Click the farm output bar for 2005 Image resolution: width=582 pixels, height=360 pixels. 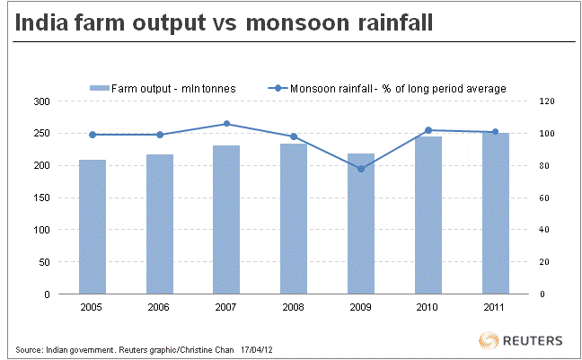[x=93, y=227]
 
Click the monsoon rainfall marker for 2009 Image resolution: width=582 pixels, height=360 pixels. [x=361, y=169]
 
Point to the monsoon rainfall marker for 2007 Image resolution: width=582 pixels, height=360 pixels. [x=226, y=124]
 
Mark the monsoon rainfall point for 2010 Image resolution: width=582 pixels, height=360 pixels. [x=428, y=130]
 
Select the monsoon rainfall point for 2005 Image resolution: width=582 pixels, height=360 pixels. [x=93, y=135]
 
